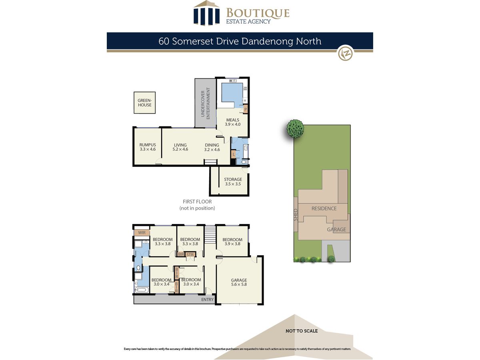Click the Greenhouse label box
[144, 102]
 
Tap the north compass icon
[345, 54]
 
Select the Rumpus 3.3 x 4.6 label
[148, 147]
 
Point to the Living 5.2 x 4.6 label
[180, 147]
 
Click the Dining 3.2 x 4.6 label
[212, 147]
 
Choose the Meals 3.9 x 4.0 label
[233, 122]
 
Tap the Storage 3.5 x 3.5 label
[233, 182]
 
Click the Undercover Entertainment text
[205, 103]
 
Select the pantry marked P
[246, 109]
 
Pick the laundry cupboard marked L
[234, 154]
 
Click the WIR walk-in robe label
[142, 232]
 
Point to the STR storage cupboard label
[190, 255]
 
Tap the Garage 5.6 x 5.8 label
[239, 282]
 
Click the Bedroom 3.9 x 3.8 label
[232, 242]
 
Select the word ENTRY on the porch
[207, 300]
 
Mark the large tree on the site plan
[295, 128]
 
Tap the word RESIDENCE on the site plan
[324, 208]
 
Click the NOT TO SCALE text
[302, 331]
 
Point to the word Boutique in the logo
[258, 13]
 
